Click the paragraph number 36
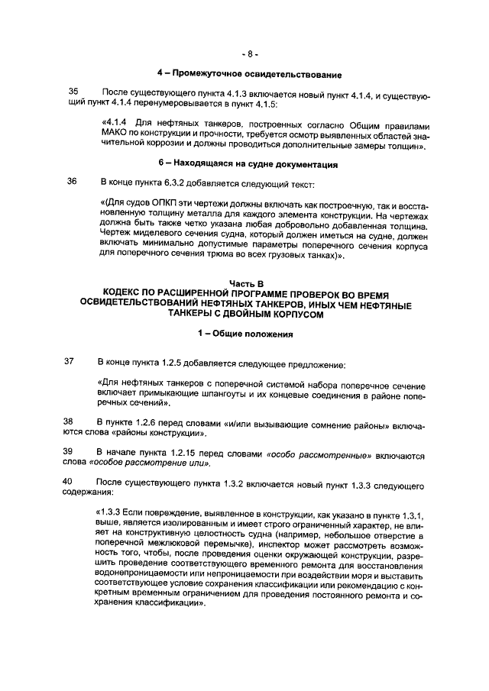click(73, 182)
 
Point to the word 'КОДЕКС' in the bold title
click(127, 294)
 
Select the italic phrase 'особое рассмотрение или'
click(149, 463)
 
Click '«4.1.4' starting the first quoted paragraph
click(115, 124)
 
